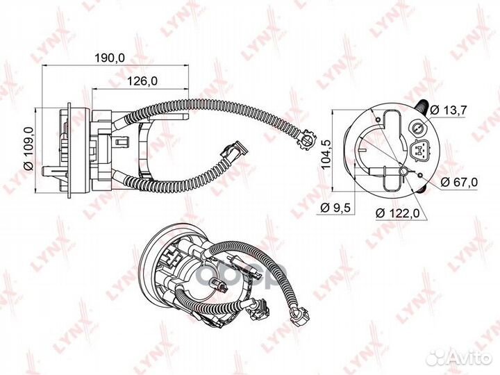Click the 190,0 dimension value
click(x=110, y=58)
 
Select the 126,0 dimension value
click(x=142, y=81)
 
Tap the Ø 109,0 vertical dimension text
click(x=29, y=149)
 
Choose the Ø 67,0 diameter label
click(x=459, y=182)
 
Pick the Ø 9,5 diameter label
click(x=335, y=208)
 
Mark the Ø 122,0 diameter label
click(x=398, y=213)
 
